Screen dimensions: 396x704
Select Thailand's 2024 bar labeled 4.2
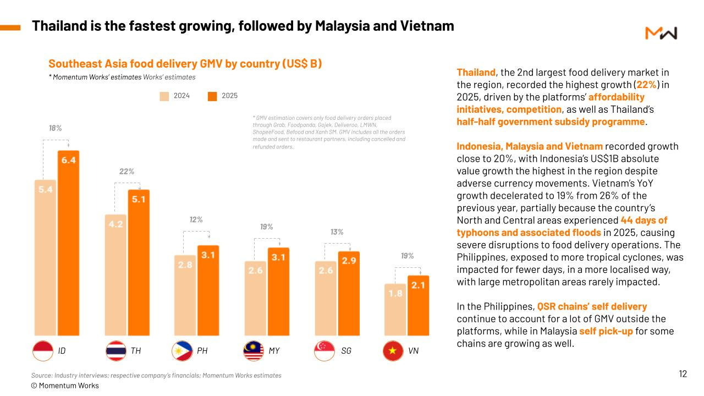(115, 275)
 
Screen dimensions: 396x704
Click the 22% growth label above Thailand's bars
(127, 172)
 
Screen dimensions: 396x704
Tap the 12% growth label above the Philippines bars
(196, 219)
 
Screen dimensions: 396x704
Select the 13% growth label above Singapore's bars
(337, 232)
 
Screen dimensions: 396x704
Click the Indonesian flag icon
(43, 350)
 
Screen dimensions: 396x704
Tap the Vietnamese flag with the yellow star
(393, 350)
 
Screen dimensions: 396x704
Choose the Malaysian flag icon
(254, 350)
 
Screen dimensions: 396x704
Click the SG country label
(346, 350)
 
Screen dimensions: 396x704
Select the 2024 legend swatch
(164, 96)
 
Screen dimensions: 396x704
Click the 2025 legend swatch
(212, 96)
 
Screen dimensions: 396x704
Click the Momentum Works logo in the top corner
(661, 33)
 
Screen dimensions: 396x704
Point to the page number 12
(683, 374)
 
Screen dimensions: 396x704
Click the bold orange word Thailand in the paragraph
(476, 72)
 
